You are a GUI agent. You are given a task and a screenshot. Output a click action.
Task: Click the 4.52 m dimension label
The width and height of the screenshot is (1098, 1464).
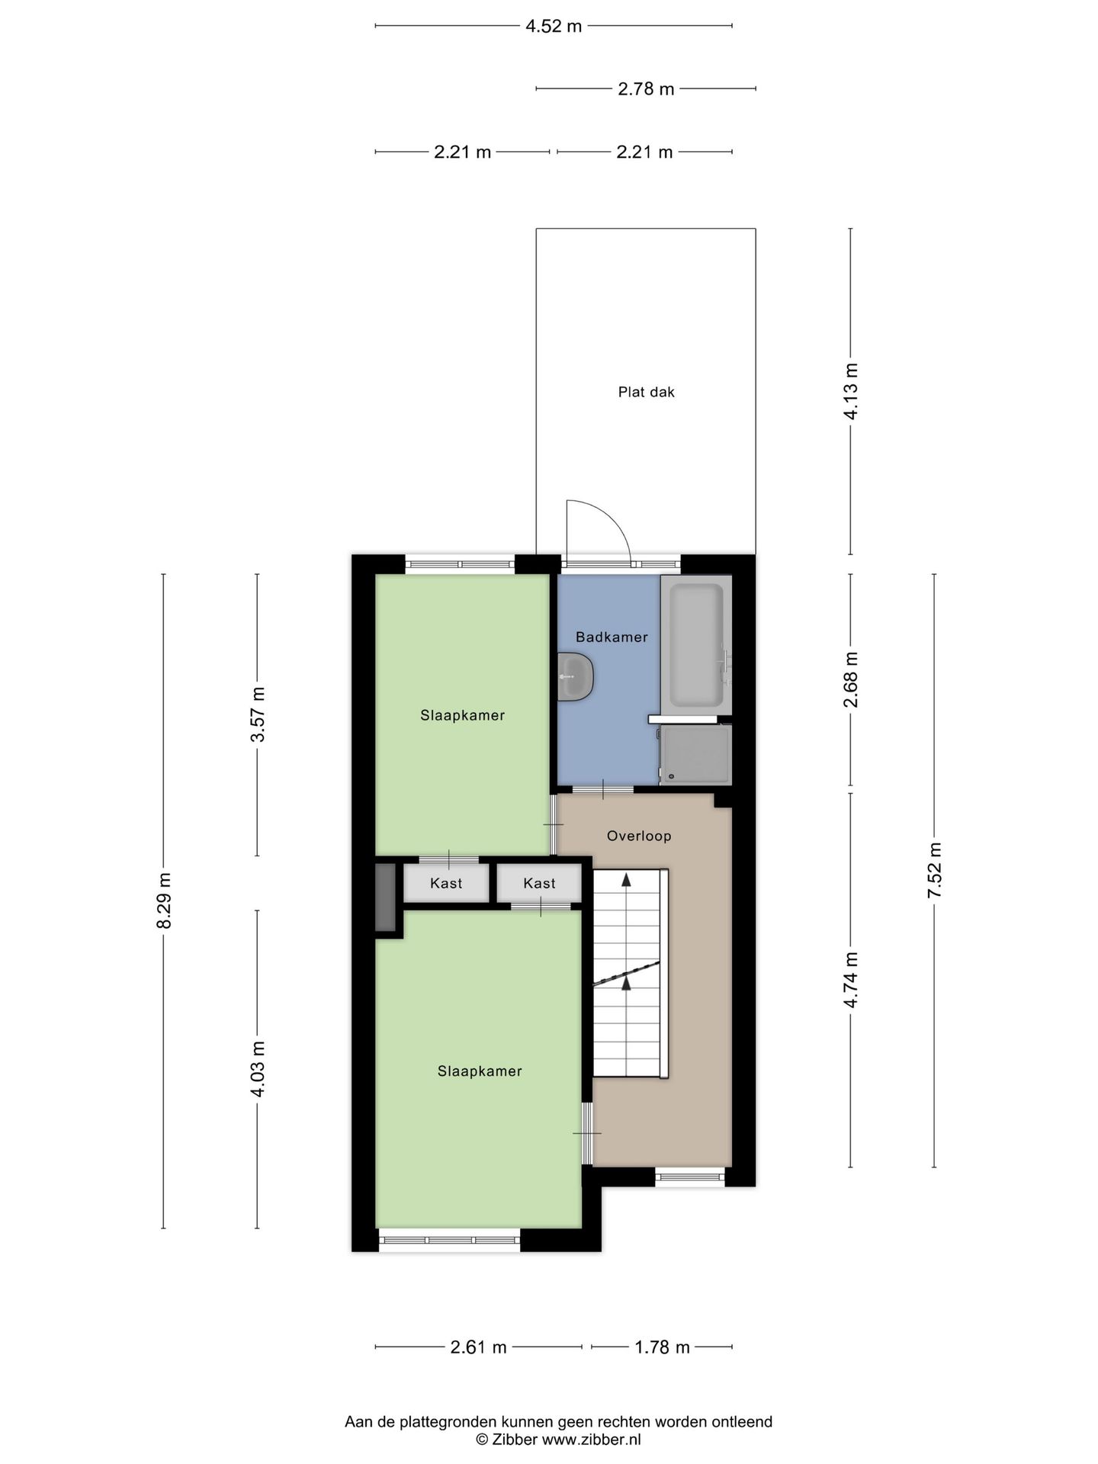[x=554, y=26]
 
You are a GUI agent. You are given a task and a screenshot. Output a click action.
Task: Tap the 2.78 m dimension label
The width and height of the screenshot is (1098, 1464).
[x=646, y=88]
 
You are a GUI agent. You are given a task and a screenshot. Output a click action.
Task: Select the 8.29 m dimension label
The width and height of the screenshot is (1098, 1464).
[x=164, y=901]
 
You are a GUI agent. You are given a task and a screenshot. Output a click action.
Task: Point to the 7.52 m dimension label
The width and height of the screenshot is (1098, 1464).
[x=935, y=871]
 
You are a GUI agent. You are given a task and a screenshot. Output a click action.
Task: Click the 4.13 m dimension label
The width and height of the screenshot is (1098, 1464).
[x=851, y=391]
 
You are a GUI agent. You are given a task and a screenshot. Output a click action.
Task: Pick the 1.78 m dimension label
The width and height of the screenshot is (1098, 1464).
[x=662, y=1347]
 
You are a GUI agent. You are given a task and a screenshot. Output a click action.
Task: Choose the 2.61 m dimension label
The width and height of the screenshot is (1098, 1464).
[x=478, y=1347]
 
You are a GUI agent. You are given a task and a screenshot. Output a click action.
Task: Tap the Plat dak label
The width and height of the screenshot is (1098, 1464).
[x=647, y=392]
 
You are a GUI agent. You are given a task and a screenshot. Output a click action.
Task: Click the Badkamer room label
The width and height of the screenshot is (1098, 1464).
[x=612, y=637]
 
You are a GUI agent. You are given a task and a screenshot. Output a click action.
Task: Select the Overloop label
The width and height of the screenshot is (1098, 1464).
[x=639, y=836]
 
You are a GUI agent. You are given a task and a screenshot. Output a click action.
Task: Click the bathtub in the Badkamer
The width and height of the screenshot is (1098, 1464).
[x=696, y=644]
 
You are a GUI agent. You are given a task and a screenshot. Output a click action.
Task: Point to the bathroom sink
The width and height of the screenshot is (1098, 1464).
[x=575, y=676]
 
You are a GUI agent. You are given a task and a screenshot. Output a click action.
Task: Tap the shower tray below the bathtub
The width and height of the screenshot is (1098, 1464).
[x=695, y=754]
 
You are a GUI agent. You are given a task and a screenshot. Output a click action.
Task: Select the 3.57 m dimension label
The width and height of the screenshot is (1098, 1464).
[x=258, y=714]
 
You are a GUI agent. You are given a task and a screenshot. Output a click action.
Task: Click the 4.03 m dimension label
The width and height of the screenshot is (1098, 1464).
[x=258, y=1069]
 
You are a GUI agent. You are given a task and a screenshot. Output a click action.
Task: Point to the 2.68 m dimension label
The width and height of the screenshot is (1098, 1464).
[x=851, y=679]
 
